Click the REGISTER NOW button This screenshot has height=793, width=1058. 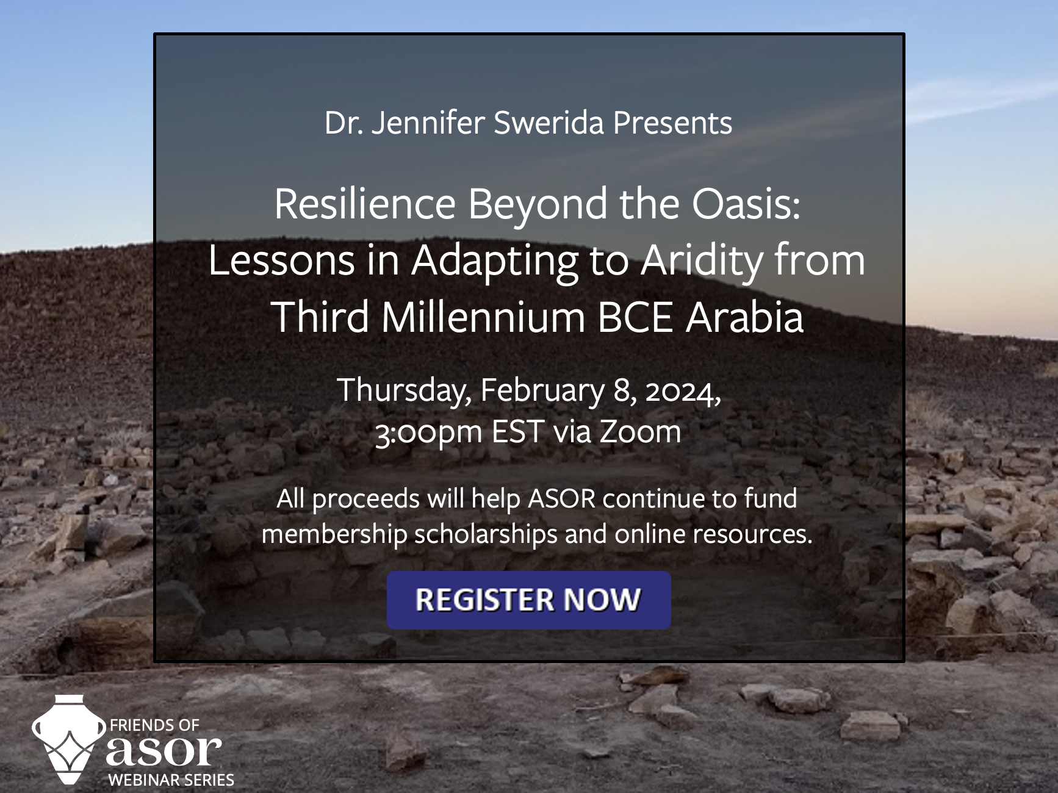(528, 600)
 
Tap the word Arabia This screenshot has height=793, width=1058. (744, 317)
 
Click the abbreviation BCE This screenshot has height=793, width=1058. (635, 317)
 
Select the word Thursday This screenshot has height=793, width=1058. (404, 390)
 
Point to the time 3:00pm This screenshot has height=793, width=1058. (429, 432)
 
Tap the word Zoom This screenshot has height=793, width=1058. (640, 432)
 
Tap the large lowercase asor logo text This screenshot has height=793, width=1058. (164, 750)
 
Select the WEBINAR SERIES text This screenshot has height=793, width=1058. (171, 780)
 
